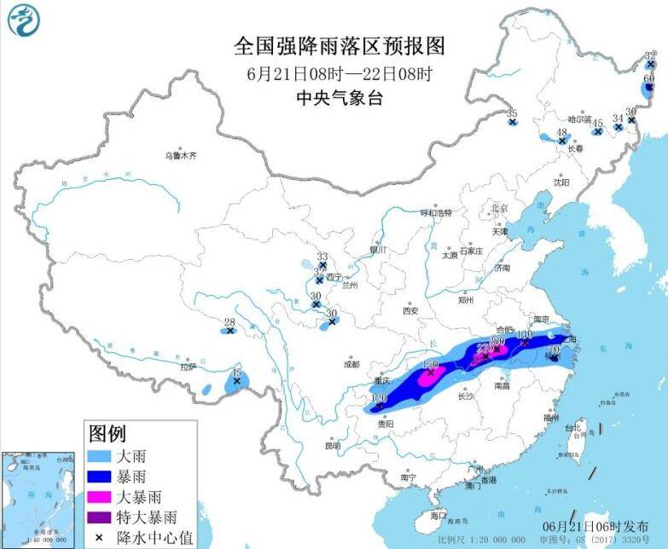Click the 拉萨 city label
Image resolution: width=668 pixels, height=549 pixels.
(x=188, y=367)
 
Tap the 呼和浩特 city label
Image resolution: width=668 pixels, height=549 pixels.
(x=435, y=213)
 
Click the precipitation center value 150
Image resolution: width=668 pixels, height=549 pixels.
(x=431, y=364)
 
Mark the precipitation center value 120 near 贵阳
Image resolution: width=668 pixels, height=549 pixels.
(x=379, y=398)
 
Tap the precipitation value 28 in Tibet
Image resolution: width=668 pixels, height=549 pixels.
(x=229, y=322)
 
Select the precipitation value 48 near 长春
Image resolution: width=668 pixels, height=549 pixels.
(x=561, y=132)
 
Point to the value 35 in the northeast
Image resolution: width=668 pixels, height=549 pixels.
(x=512, y=113)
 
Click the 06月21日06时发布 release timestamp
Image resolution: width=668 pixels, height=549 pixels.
(x=594, y=528)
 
